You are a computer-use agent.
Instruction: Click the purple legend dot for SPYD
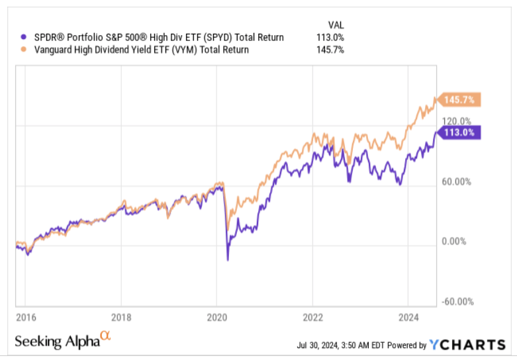[24, 38]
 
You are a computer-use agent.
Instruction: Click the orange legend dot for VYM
[24, 50]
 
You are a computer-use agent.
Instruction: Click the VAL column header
[336, 24]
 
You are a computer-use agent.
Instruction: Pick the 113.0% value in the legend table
[330, 38]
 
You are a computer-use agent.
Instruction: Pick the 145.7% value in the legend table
[330, 50]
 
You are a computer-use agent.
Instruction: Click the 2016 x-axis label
[24, 316]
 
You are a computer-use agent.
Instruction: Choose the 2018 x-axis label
[121, 316]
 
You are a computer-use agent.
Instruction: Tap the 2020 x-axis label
[216, 316]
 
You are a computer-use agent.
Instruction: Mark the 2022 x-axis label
[312, 316]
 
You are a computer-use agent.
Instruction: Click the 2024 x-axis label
[408, 316]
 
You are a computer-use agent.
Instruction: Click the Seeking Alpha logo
[62, 341]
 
